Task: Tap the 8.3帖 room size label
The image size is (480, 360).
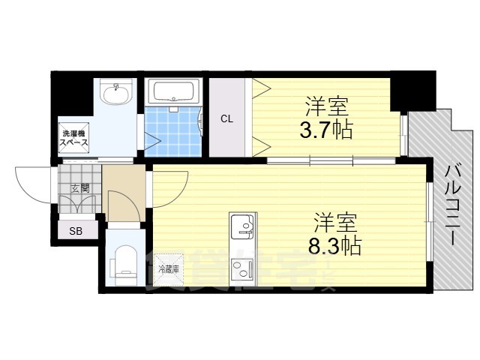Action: point(334,245)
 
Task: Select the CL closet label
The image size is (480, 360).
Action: point(226,118)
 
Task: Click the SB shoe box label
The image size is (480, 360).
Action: point(76,231)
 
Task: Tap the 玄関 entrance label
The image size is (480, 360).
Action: point(79,188)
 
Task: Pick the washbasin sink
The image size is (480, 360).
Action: point(115,94)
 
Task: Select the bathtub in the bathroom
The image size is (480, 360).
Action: point(172,92)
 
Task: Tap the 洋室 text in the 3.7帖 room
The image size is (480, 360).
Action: point(326,105)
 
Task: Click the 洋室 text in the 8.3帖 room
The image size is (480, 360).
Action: point(334,222)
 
